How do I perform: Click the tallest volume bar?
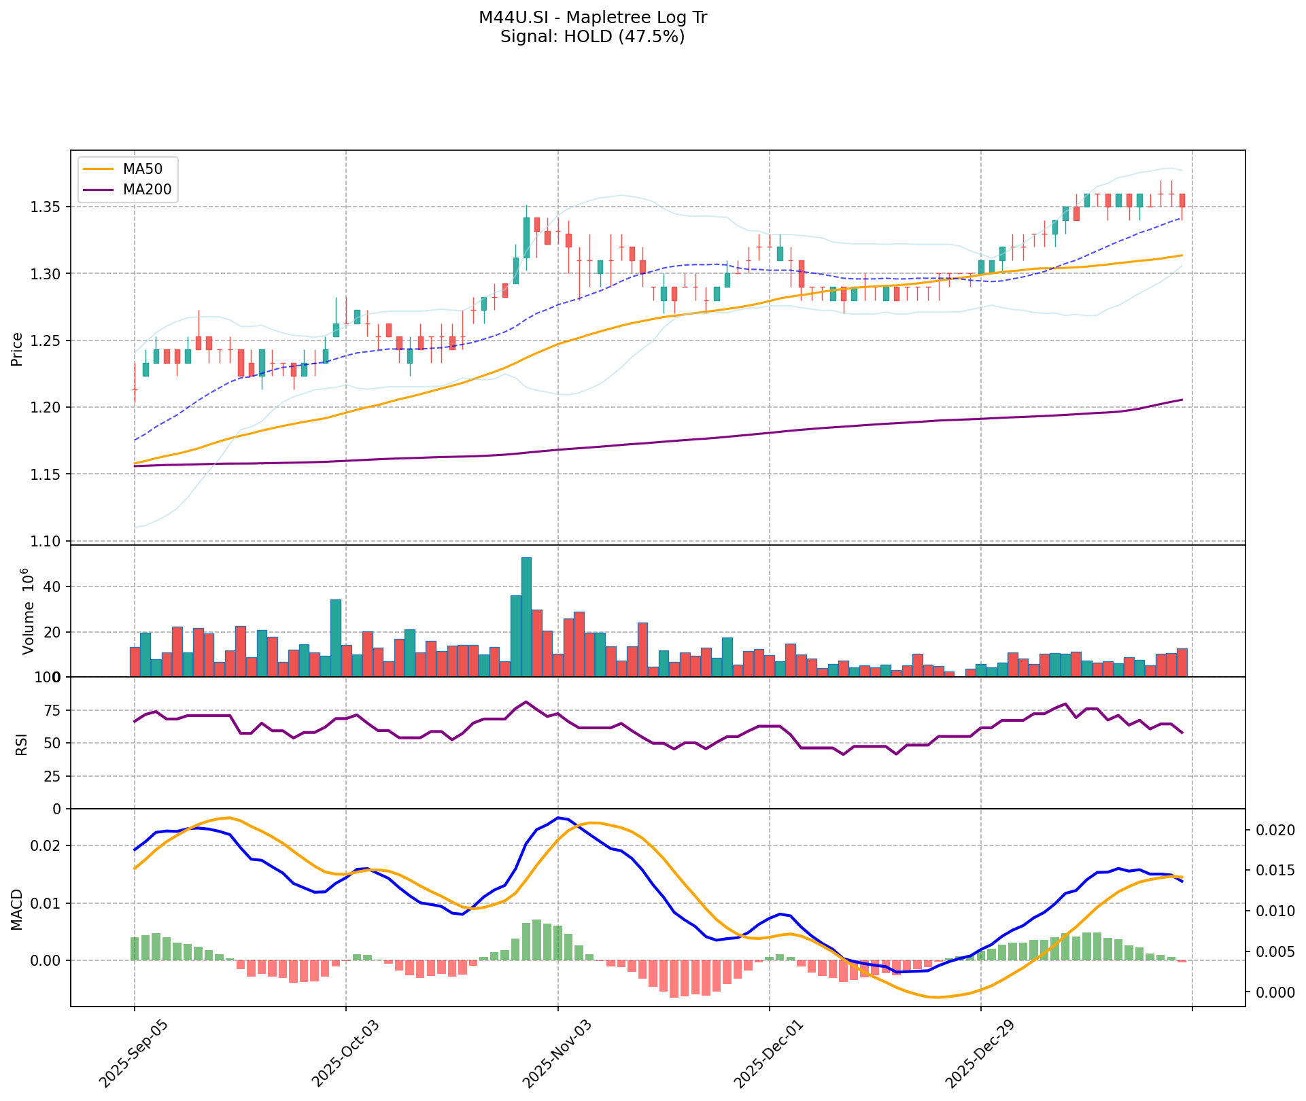pyautogui.click(x=526, y=616)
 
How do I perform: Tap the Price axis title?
pyautogui.click(x=18, y=349)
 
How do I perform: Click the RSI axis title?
pyautogui.click(x=22, y=744)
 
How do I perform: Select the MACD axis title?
pyautogui.click(x=18, y=909)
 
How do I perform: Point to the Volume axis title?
pyautogui.click(x=29, y=611)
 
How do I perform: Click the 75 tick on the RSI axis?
pyautogui.click(x=52, y=711)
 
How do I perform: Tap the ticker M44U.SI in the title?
pyautogui.click(x=510, y=18)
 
